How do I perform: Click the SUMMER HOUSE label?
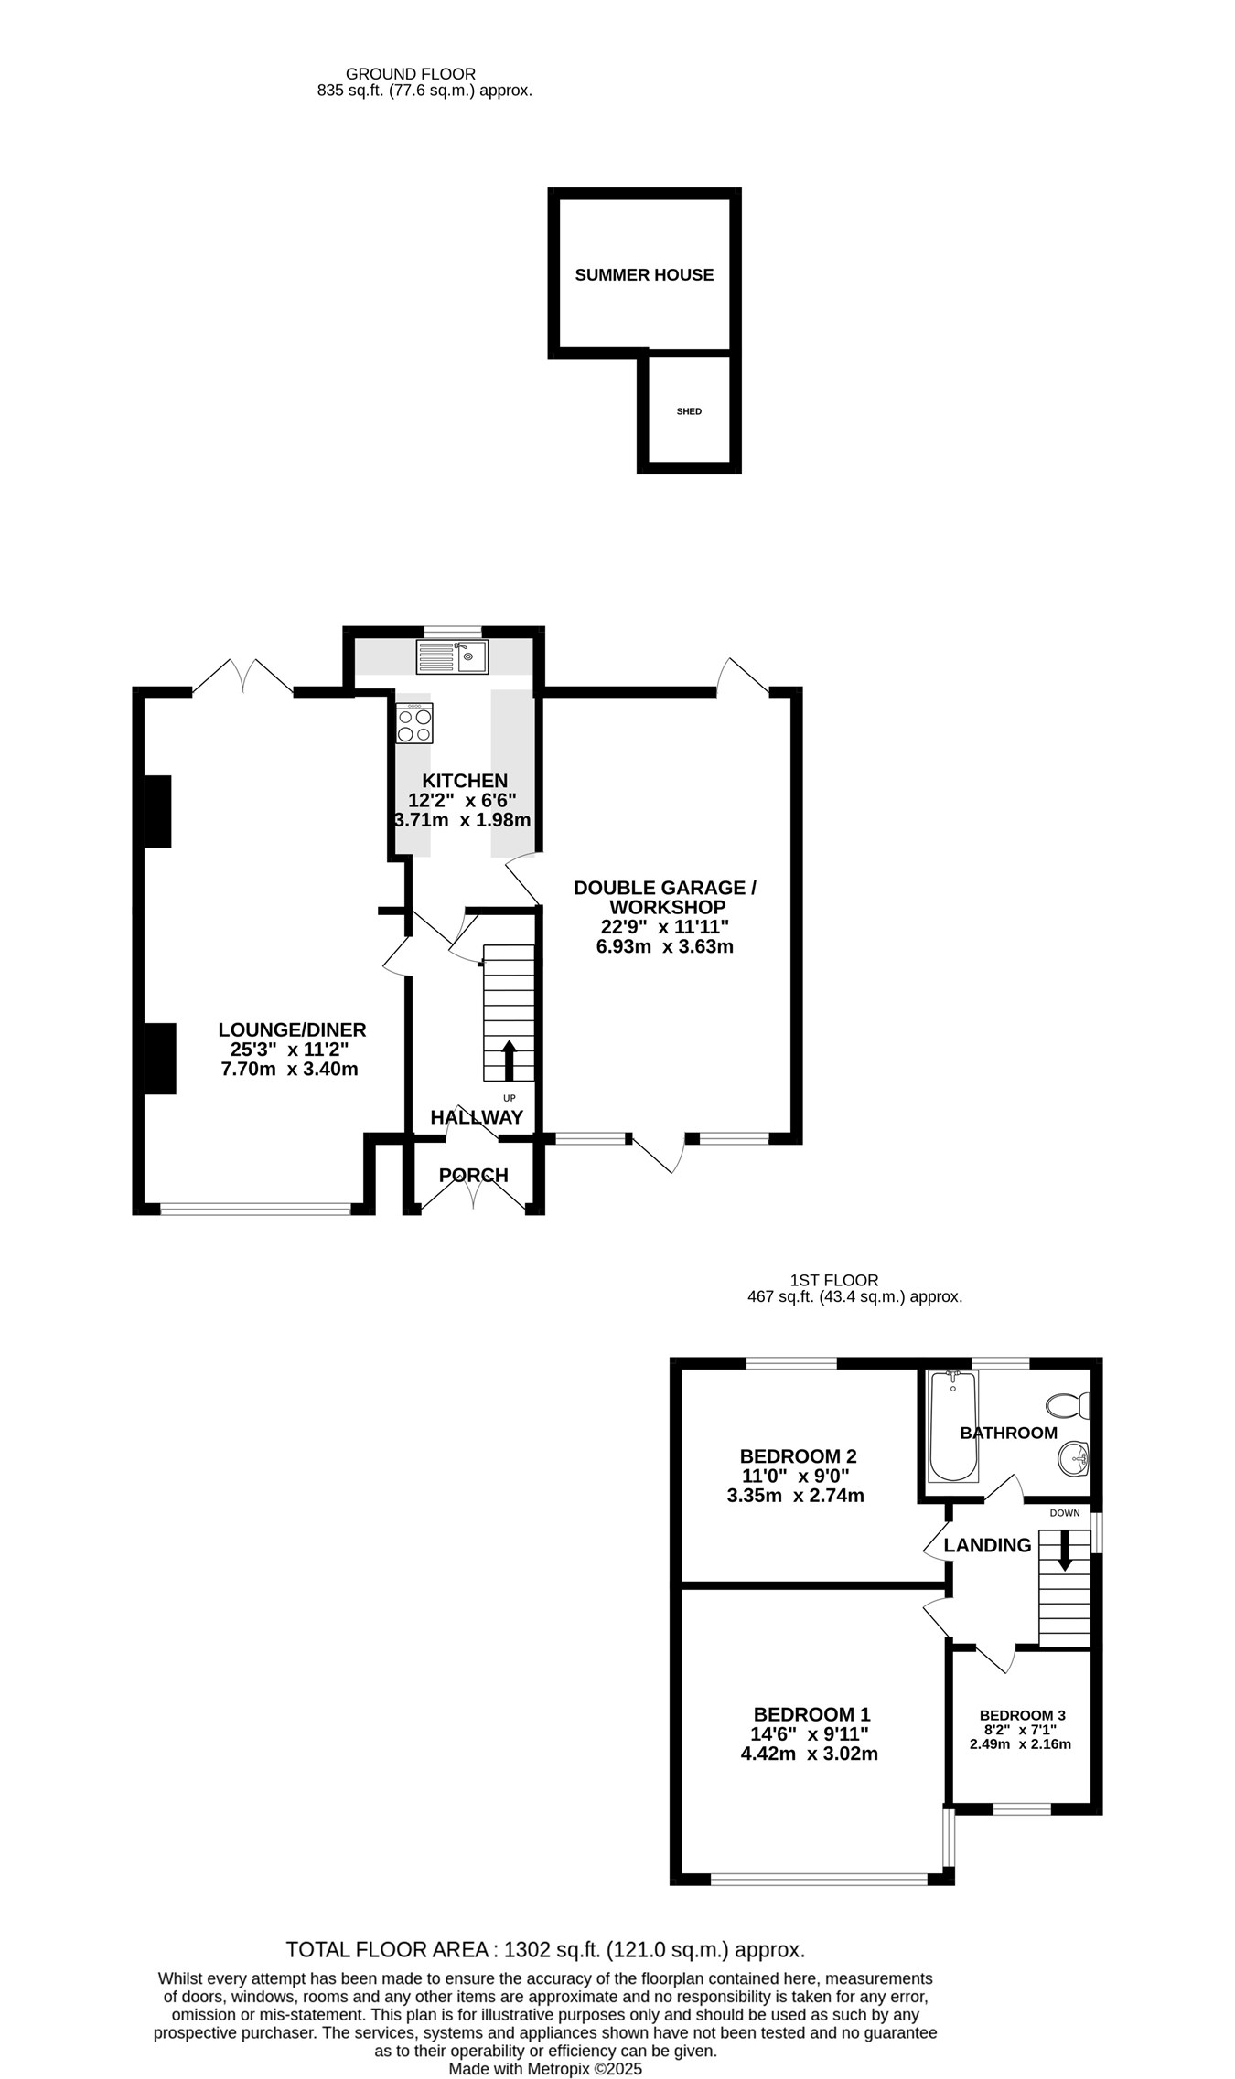pos(644,275)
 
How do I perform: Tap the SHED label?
pos(689,411)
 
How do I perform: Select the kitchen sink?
pos(453,656)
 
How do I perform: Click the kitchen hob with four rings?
pos(414,723)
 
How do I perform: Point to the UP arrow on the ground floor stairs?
pos(509,1060)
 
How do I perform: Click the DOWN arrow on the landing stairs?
pos(1064,1551)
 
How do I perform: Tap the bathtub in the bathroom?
pos(954,1426)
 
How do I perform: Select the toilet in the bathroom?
pos(1069,1404)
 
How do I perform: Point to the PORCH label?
pos(473,1176)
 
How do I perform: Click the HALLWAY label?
pos(477,1117)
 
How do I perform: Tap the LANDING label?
pos(987,1545)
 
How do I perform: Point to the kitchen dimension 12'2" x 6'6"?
pos(463,800)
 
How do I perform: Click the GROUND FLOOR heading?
pos(411,74)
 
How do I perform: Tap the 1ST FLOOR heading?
pos(834,1280)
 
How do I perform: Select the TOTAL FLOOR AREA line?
pos(545,1950)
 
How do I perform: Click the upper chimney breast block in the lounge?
pos(158,812)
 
